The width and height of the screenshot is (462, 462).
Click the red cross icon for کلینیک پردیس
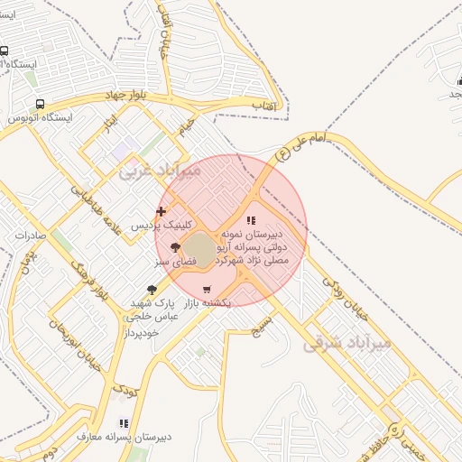click(161, 211)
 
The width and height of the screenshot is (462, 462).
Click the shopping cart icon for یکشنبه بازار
click(208, 290)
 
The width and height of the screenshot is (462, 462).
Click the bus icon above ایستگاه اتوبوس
click(39, 104)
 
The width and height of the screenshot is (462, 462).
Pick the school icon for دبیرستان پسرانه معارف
click(124, 422)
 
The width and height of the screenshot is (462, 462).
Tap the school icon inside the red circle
click(251, 219)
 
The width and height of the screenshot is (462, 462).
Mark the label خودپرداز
click(143, 333)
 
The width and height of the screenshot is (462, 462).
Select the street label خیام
click(187, 127)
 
